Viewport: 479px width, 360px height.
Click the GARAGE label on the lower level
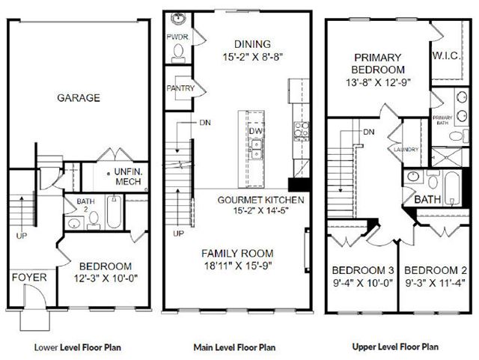tap(79, 98)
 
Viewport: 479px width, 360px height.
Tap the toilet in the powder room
tap(178, 52)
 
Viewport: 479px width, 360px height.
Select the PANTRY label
tap(180, 88)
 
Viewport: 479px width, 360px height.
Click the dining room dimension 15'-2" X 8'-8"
tap(252, 57)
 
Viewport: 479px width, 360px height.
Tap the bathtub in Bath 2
tap(114, 212)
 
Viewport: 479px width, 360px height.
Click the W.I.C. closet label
tap(446, 56)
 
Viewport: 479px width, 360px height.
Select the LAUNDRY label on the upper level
tap(406, 150)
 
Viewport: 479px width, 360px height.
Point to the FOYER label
tap(29, 278)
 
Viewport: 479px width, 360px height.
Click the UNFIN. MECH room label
tap(128, 177)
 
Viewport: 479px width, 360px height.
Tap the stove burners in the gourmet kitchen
tap(301, 130)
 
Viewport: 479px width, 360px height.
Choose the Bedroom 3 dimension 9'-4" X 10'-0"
tap(362, 283)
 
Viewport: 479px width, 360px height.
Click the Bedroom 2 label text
tap(436, 270)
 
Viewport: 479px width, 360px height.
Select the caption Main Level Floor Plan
tap(234, 347)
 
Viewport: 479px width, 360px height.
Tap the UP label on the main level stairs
tap(179, 234)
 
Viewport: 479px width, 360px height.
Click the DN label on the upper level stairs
tap(369, 132)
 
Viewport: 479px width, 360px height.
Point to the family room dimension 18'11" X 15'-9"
tap(238, 266)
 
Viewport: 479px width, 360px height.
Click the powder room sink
tap(178, 19)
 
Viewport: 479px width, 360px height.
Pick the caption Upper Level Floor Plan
tap(395, 347)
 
